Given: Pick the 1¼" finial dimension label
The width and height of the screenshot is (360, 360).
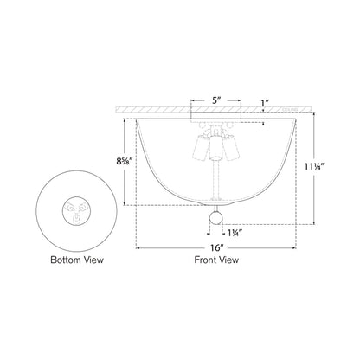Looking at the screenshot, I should (x=234, y=232).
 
